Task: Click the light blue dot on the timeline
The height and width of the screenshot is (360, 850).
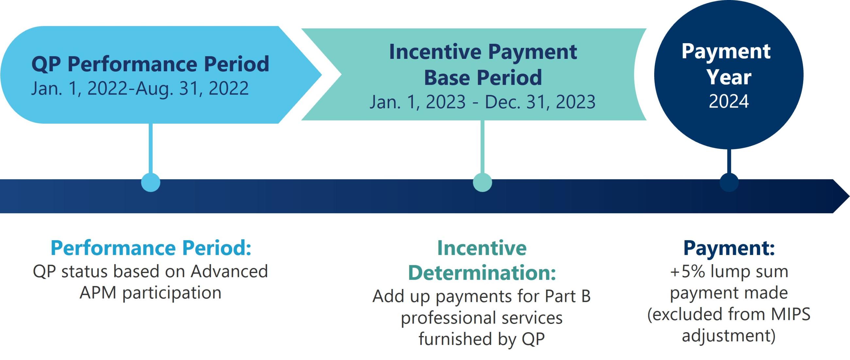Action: [150, 182]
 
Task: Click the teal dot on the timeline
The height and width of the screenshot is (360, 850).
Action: [483, 182]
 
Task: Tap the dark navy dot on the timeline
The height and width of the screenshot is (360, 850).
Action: [729, 182]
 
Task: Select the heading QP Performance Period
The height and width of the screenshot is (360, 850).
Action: [150, 64]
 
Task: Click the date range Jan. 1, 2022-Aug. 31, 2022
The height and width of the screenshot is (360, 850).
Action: [140, 88]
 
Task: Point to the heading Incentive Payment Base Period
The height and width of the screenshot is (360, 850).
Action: [483, 64]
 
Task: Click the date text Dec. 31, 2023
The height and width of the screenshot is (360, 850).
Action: [540, 102]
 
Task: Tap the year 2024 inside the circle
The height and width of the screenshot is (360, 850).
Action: [729, 101]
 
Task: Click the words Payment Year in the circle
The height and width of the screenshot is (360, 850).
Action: [726, 64]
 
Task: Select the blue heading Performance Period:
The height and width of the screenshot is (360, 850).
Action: [151, 248]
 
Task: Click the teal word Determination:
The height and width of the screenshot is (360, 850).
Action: [482, 273]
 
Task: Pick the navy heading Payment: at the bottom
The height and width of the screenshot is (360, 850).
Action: [729, 248]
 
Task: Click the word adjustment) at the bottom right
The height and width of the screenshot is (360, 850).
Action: [729, 336]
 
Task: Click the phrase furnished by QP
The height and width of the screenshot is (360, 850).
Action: [482, 339]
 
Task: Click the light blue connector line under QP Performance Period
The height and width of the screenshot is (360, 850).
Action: [150, 148]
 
